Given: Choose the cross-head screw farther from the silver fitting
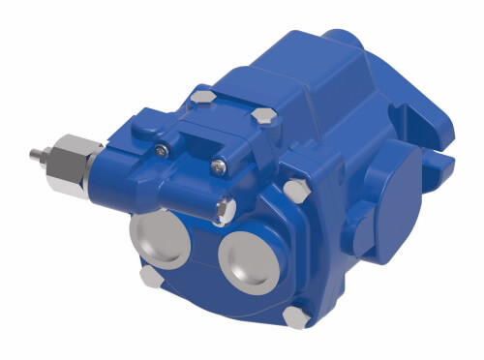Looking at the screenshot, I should point(222,165).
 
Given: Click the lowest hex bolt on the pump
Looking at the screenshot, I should point(296,316).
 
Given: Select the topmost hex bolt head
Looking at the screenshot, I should point(202,97).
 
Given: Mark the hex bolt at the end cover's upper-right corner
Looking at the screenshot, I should point(261,117).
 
